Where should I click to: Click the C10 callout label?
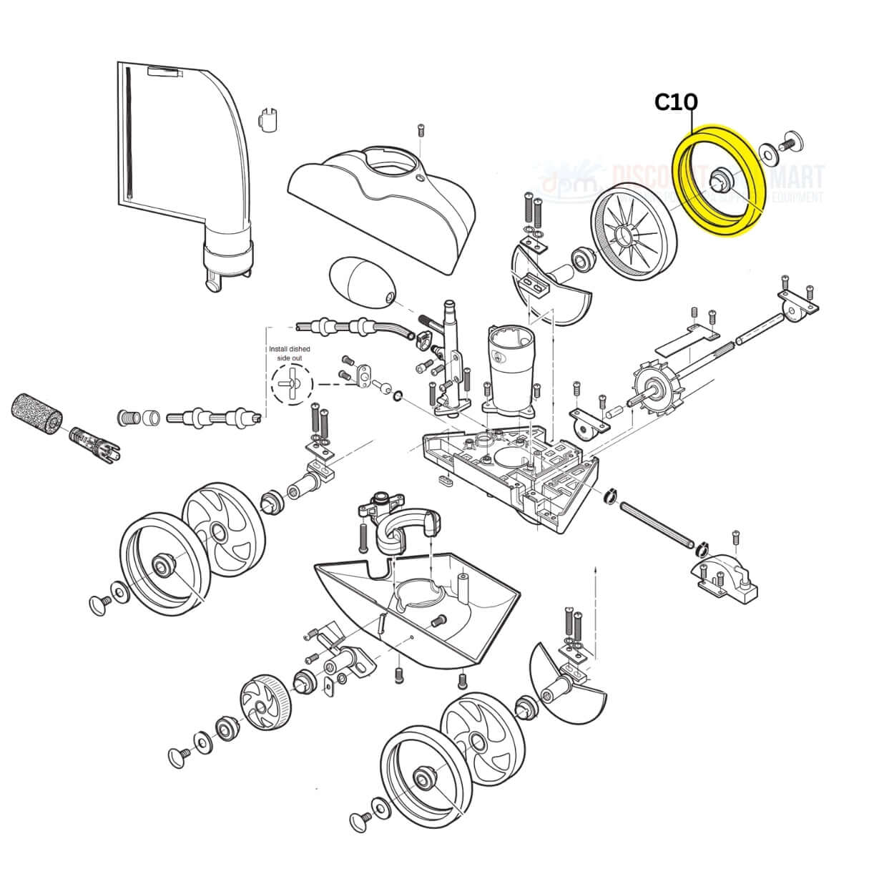[x=676, y=103]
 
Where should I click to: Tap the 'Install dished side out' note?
[x=289, y=353]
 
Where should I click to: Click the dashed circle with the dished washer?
[x=292, y=383]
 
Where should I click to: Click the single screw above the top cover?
[x=421, y=132]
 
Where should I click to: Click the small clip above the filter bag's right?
[x=268, y=119]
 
